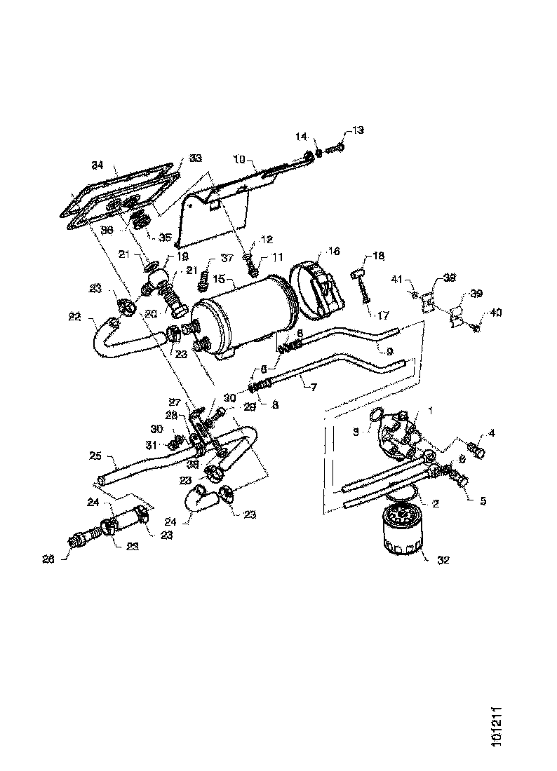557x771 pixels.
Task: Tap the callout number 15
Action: (x=219, y=279)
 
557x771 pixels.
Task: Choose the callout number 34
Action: (x=97, y=165)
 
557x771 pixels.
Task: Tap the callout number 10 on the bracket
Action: (x=238, y=160)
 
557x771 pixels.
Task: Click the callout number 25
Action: (x=97, y=456)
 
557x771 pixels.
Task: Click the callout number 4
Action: (x=492, y=434)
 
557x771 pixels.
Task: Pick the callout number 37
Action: (x=208, y=259)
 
